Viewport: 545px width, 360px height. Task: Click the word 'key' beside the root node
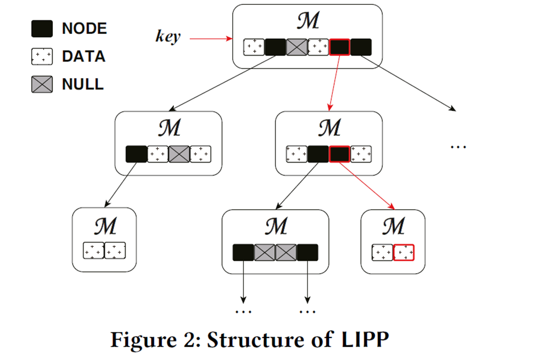pyautogui.click(x=167, y=37)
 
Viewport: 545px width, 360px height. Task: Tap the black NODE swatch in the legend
pyautogui.click(x=41, y=29)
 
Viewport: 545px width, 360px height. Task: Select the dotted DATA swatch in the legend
pyautogui.click(x=41, y=57)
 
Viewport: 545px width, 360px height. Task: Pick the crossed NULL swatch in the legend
pyautogui.click(x=41, y=84)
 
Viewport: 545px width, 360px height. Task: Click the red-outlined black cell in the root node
pyautogui.click(x=339, y=47)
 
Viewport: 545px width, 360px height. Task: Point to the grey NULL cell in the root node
pyautogui.click(x=296, y=47)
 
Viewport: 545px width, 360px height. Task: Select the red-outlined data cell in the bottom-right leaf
pyautogui.click(x=404, y=252)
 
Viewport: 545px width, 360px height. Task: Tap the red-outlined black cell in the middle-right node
pyautogui.click(x=339, y=154)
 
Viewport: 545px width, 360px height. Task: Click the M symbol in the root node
pyautogui.click(x=308, y=21)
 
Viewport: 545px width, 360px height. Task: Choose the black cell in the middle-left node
pyautogui.click(x=136, y=154)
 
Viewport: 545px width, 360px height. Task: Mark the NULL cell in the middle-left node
pyautogui.click(x=179, y=154)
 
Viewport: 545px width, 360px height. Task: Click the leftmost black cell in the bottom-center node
pyautogui.click(x=243, y=252)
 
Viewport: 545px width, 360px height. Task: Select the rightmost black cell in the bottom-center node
pyautogui.click(x=308, y=252)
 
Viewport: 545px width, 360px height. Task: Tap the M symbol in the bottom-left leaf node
pyautogui.click(x=104, y=226)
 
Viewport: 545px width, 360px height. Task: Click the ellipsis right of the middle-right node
pyautogui.click(x=457, y=146)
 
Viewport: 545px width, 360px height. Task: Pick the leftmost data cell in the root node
pyautogui.click(x=254, y=47)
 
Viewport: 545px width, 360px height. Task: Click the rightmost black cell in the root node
pyautogui.click(x=361, y=47)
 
